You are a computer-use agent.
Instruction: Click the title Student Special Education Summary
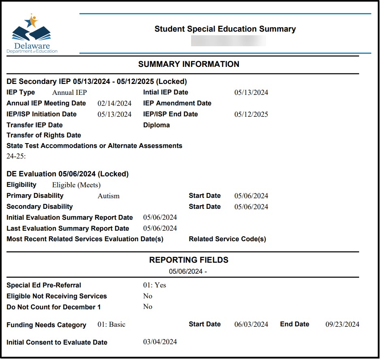(x=225, y=29)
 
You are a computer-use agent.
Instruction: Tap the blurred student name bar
(x=228, y=41)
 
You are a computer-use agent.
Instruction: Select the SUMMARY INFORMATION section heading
(x=189, y=64)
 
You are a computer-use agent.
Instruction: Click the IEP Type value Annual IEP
(x=70, y=92)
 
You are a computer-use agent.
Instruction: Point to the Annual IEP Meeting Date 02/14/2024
(x=115, y=103)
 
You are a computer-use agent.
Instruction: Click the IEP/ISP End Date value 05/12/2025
(x=251, y=114)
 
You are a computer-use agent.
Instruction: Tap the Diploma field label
(x=156, y=125)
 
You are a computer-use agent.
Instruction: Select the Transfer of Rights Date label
(x=44, y=135)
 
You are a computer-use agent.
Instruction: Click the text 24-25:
(x=16, y=156)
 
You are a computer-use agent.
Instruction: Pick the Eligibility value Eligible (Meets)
(x=75, y=185)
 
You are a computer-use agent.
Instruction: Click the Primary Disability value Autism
(x=109, y=196)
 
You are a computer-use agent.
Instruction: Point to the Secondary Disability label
(x=40, y=207)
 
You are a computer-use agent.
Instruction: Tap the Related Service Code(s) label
(x=228, y=239)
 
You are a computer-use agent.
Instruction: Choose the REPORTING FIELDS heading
(x=189, y=260)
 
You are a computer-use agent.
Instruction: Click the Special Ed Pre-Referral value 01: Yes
(x=155, y=285)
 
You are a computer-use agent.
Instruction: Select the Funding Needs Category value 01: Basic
(x=111, y=324)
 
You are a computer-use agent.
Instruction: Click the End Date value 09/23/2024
(x=342, y=324)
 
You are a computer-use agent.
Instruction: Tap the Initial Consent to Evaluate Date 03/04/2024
(x=160, y=342)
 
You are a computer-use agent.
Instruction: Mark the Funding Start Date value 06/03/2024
(x=251, y=324)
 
